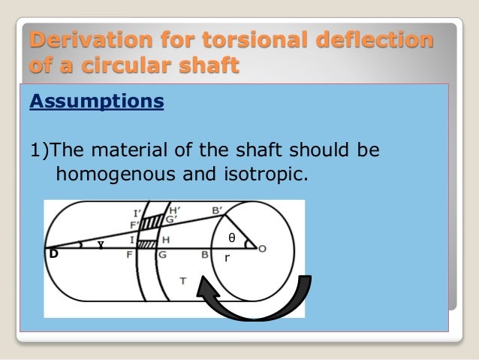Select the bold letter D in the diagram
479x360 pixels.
pyautogui.click(x=53, y=254)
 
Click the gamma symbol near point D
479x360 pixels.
pyautogui.click(x=99, y=244)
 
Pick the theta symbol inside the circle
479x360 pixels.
pyautogui.click(x=231, y=238)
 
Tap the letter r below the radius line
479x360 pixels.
pyautogui.click(x=227, y=258)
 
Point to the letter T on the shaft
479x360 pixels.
pyautogui.click(x=183, y=280)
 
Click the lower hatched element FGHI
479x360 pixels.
pyautogui.click(x=146, y=244)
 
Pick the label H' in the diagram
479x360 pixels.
pyautogui.click(x=174, y=210)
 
